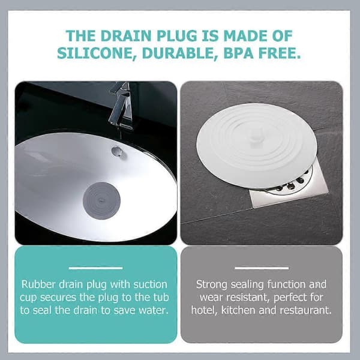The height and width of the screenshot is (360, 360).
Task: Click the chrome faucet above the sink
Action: pos(121,106)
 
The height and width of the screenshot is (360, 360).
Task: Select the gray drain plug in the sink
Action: pos(101,200)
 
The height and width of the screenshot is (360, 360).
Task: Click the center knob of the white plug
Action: pos(255,139)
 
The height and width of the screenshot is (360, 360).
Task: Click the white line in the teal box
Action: pos(95,268)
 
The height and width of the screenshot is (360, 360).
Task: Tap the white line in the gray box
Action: pos(262,268)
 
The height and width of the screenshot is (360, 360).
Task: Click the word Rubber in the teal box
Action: pos(38,284)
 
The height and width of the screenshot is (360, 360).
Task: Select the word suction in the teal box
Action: pos(151,284)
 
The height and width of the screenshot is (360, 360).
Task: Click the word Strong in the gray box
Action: pos(212,284)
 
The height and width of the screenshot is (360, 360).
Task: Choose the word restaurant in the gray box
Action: pos(305,310)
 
